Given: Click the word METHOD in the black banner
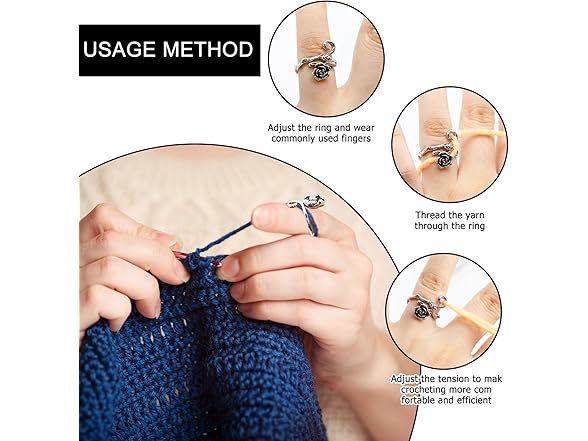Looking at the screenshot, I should click(210, 51).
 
